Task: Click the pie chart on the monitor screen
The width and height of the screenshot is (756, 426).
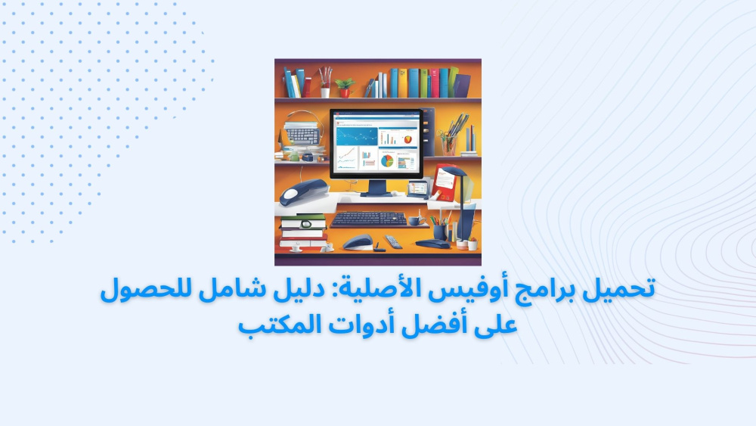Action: [x=387, y=160]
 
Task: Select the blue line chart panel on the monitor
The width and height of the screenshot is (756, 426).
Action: [x=357, y=136]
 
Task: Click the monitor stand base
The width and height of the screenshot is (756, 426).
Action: [x=376, y=193]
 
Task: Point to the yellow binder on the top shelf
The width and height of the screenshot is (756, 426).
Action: [x=403, y=83]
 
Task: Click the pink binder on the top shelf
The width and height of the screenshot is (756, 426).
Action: [x=435, y=83]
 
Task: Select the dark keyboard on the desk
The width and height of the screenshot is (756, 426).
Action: [x=369, y=219]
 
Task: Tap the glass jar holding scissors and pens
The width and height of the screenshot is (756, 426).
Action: [x=449, y=145]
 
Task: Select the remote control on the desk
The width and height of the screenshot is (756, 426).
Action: [x=393, y=241]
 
